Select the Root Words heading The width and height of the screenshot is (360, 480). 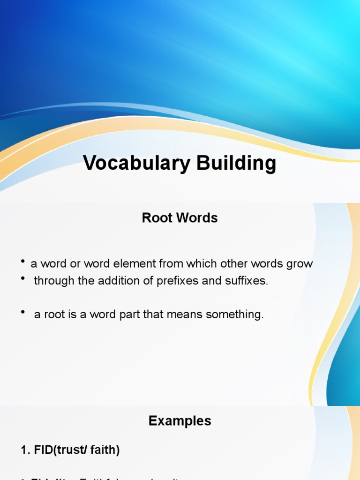pos(180,218)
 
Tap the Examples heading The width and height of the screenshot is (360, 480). pos(180,421)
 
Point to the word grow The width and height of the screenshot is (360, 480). pos(299,263)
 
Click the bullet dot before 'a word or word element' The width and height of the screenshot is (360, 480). pos(23,262)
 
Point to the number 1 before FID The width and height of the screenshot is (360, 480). pos(24,450)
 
